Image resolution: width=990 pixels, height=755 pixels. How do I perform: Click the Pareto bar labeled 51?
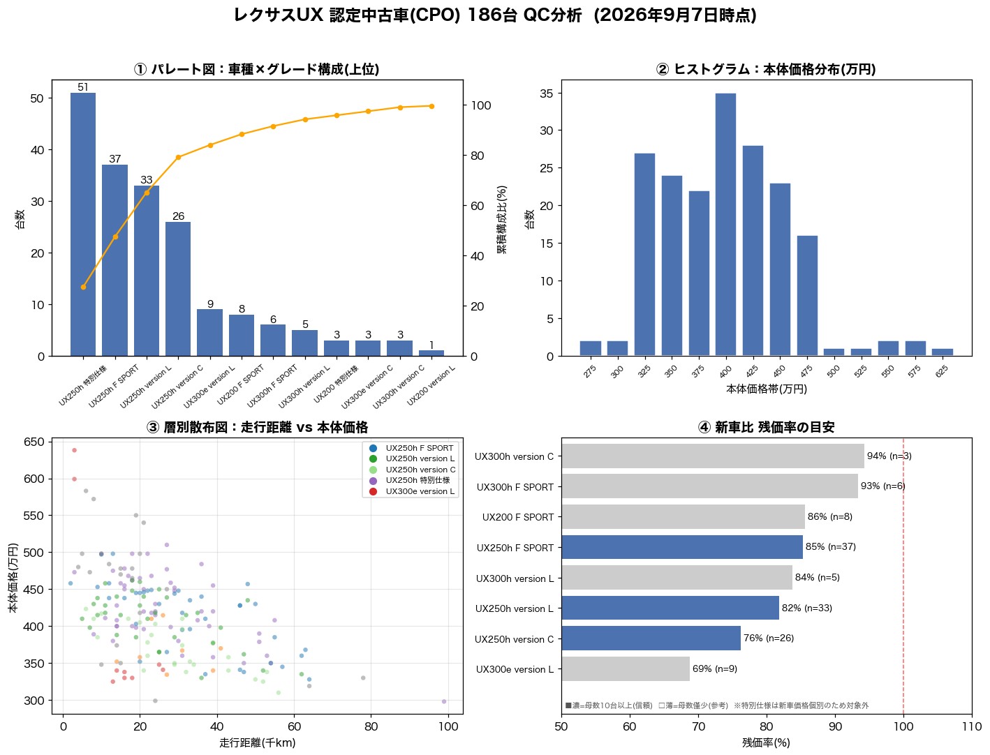83,225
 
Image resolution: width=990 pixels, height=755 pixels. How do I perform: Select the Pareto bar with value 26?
178,289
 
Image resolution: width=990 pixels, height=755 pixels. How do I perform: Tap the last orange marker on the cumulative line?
431,106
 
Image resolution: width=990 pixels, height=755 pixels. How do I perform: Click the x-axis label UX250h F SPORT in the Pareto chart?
114,387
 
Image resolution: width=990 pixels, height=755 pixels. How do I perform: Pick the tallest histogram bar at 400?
725,225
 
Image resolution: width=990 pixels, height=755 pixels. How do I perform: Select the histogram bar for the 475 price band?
807,296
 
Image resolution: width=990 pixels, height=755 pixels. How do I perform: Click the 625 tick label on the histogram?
942,371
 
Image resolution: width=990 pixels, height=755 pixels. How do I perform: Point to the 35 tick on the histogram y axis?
546,94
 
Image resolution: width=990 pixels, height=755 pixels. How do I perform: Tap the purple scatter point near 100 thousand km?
444,701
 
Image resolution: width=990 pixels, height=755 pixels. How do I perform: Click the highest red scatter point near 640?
75,450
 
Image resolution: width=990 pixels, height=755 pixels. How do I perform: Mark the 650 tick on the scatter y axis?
34,442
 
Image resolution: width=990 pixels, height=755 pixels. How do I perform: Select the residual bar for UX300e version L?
626,669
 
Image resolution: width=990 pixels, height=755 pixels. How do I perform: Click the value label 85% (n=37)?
830,547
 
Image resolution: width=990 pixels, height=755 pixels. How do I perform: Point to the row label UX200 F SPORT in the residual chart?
518,517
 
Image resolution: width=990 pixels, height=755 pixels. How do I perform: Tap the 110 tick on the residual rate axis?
972,726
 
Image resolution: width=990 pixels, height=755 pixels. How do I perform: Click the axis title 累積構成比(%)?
501,220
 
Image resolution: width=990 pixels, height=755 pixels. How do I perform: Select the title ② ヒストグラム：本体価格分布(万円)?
766,69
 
